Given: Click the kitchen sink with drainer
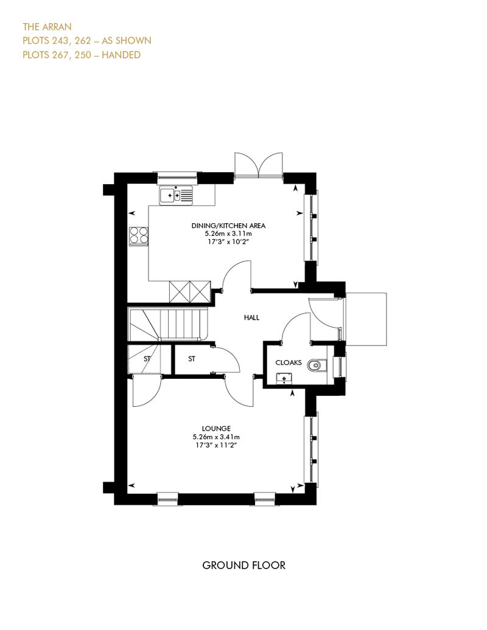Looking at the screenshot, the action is (x=176, y=195).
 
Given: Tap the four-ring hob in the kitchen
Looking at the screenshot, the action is (x=138, y=236).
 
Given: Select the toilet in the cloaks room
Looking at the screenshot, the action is (x=318, y=365).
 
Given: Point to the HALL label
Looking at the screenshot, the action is (x=252, y=317).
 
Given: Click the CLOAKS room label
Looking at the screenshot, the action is (x=289, y=362).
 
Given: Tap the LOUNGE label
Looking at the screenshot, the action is (x=216, y=429).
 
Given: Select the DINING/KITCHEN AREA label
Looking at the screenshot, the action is (x=228, y=226).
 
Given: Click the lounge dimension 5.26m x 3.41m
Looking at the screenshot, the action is (x=216, y=437).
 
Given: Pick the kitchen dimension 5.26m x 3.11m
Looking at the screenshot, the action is (x=228, y=234).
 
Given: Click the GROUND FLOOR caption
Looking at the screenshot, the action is (x=243, y=566).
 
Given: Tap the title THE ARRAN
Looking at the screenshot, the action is (x=47, y=27).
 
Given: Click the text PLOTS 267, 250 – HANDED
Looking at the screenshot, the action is (x=82, y=55).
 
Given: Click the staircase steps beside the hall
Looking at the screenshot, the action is (x=168, y=324).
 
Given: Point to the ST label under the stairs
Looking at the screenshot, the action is (x=147, y=358).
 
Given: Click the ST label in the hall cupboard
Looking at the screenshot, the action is (x=192, y=359).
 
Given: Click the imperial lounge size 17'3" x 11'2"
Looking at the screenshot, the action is (x=216, y=445).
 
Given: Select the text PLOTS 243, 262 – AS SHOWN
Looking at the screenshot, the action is (x=87, y=41).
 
